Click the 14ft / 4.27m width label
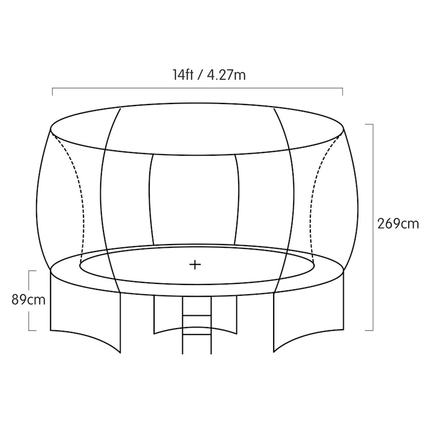(x=209, y=75)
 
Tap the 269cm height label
(x=398, y=224)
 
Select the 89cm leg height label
(x=29, y=300)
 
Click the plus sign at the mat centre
(x=195, y=265)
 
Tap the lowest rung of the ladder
(x=197, y=334)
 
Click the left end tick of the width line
(x=52, y=92)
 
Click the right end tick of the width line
(x=342, y=92)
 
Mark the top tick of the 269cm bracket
(x=369, y=124)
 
